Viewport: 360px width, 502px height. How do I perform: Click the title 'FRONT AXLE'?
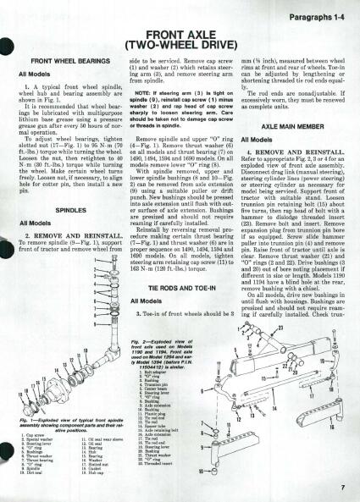pos(180,34)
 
